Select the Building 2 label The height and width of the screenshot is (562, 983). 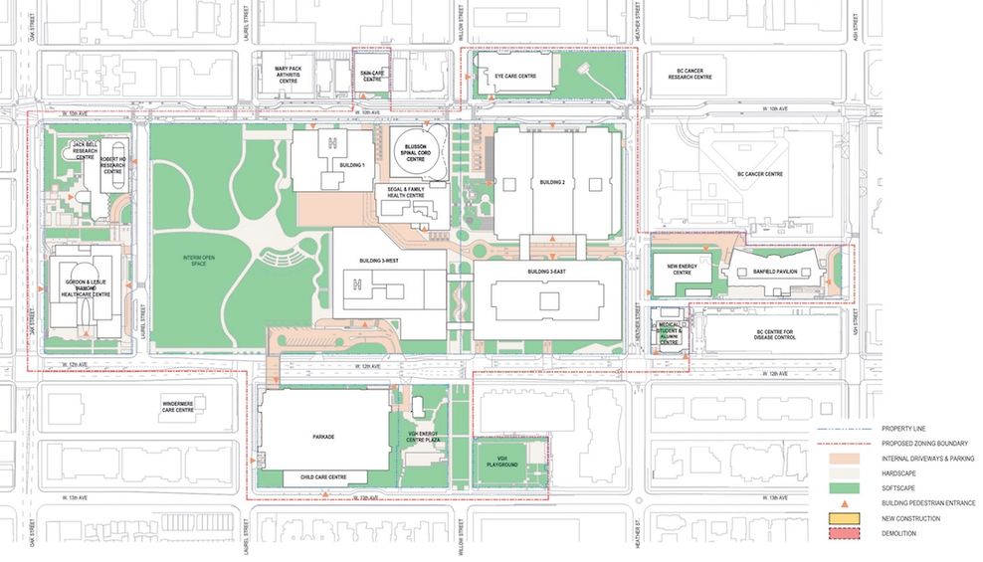pyautogui.click(x=552, y=183)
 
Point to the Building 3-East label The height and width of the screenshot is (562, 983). pyautogui.click(x=545, y=272)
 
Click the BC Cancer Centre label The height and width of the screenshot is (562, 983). pyautogui.click(x=761, y=174)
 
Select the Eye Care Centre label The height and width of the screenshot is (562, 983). pyautogui.click(x=515, y=76)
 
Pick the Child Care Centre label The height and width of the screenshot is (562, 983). pyautogui.click(x=322, y=477)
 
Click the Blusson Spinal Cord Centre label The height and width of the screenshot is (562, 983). pyautogui.click(x=416, y=154)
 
